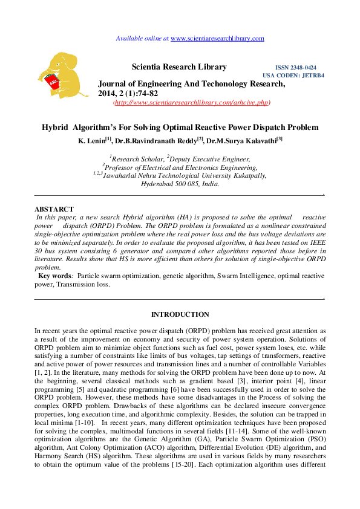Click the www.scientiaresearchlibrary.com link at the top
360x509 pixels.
[218, 38]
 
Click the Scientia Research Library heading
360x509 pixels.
[179, 67]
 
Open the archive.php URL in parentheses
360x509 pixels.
[192, 103]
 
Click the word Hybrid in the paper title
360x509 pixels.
[54, 128]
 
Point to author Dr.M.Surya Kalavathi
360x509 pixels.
[241, 141]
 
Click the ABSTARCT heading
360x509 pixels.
[54, 209]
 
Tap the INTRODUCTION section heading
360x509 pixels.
[180, 314]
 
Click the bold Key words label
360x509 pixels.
[56, 276]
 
